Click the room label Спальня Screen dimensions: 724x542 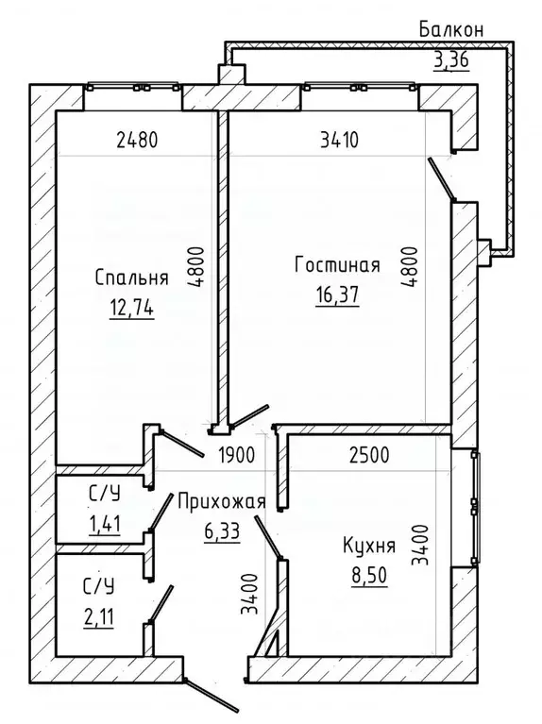coord(131,278)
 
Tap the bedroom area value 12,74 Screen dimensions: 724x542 coord(131,307)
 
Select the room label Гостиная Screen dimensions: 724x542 coord(336,265)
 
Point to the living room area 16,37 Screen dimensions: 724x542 coord(338,295)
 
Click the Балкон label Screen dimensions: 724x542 coord(451,30)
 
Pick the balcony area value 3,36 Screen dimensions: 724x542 coord(451,62)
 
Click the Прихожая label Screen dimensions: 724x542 coord(222,502)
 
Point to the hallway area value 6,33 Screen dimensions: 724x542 coord(222,531)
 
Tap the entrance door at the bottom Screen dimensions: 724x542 coord(209,693)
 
